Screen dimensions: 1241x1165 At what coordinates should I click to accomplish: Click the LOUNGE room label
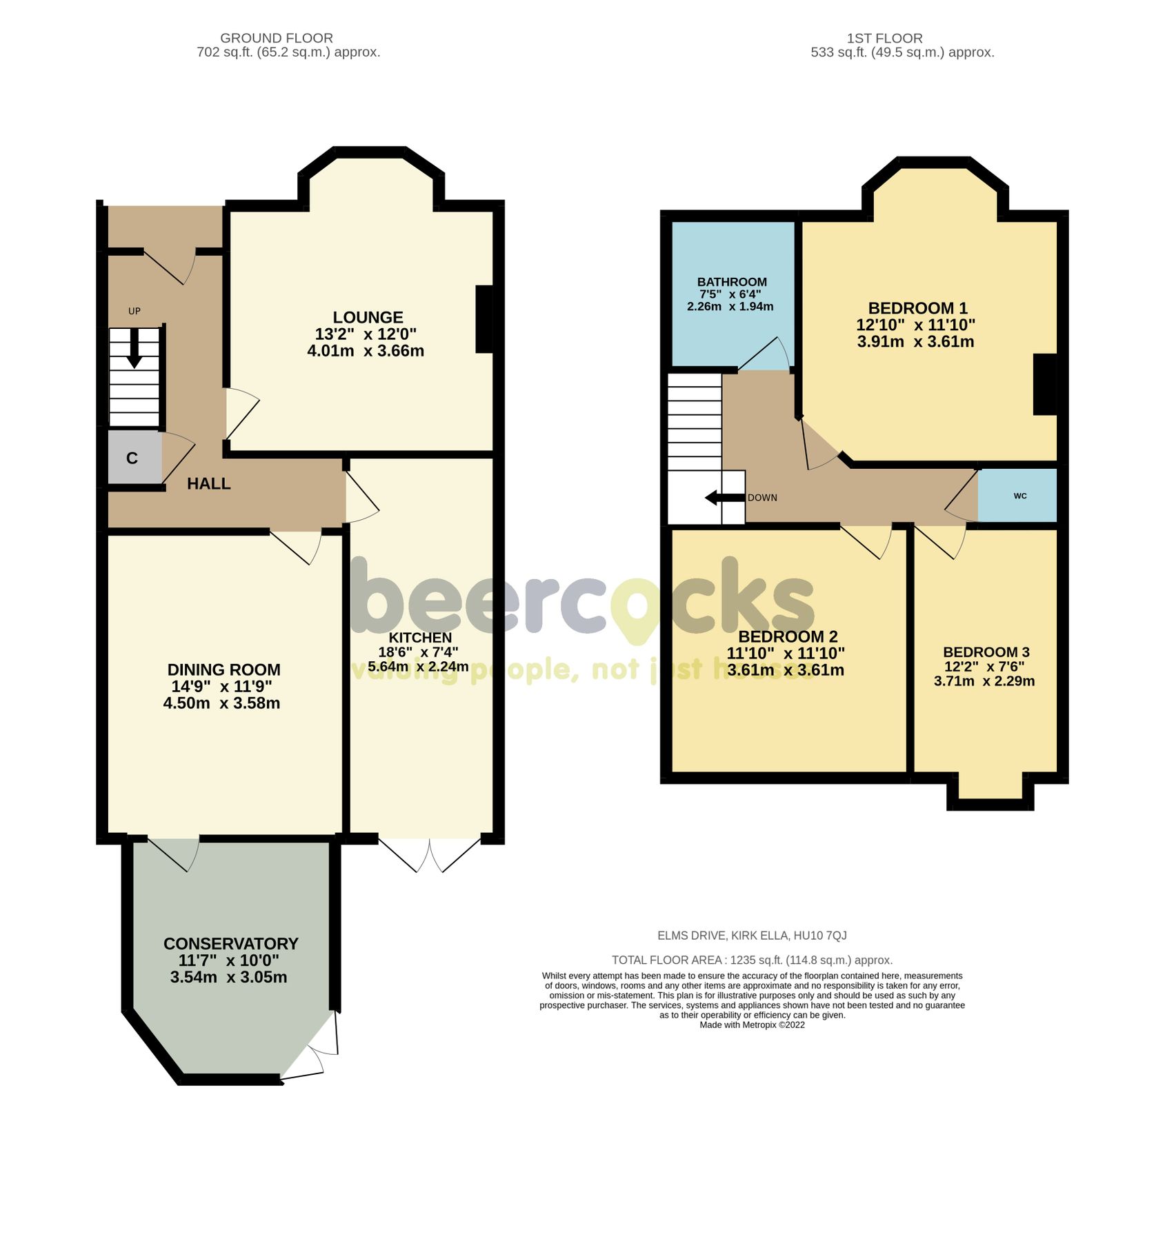pos(368,318)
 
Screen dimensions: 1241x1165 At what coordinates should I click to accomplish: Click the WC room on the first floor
pos(1018,496)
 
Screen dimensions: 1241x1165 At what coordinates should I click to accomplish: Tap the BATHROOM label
pos(732,282)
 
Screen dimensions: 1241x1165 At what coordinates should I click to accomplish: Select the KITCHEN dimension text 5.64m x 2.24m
pos(418,667)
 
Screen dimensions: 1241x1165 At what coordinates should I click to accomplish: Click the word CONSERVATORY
pos(230,944)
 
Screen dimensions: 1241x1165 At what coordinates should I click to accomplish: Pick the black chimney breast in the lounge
pos(484,319)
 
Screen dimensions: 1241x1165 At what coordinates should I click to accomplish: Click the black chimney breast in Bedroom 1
pos(1044,384)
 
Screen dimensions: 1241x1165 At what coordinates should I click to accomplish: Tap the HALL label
pos(208,484)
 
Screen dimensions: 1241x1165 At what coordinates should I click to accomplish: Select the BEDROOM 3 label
pos(986,652)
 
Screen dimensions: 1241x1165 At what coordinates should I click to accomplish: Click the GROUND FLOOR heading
pos(276,39)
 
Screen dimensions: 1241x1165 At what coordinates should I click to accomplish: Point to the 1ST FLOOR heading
pos(884,39)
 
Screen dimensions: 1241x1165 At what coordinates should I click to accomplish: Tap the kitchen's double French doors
pos(429,854)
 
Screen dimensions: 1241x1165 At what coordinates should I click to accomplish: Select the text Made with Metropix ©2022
pos(752,1025)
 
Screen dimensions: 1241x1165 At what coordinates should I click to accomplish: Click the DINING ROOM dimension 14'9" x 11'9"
pos(221,687)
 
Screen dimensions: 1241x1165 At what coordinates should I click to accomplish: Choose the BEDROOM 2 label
pos(787,636)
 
